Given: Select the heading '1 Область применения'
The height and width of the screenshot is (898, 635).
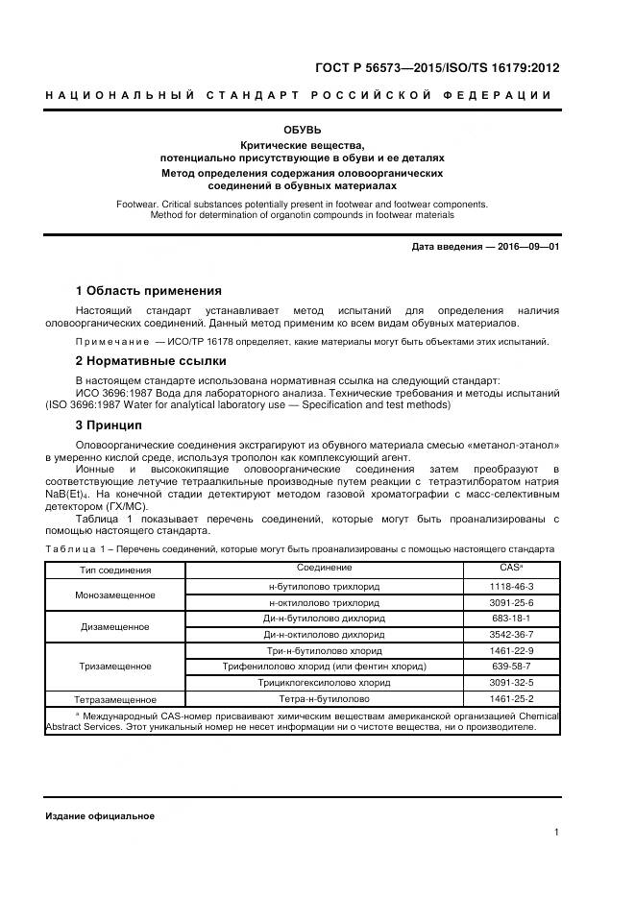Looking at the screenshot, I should click(149, 291).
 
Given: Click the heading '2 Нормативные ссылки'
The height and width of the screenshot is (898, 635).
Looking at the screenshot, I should click(151, 361).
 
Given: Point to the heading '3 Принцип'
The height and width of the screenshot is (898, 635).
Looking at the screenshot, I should click(109, 425).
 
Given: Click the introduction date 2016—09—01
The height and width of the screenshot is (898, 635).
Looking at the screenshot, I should click(526, 247).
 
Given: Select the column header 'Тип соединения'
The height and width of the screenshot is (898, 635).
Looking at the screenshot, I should click(114, 570).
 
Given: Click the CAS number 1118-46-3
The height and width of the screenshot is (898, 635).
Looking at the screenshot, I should click(511, 586).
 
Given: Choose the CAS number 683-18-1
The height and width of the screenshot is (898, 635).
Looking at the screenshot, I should click(511, 619).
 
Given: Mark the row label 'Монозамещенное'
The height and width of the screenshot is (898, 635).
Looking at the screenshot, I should click(114, 595).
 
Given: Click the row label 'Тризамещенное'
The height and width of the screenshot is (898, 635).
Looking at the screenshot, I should click(114, 666).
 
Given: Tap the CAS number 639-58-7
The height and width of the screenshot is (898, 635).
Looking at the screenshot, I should click(511, 667).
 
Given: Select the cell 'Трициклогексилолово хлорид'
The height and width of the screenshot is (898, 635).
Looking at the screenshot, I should click(324, 683).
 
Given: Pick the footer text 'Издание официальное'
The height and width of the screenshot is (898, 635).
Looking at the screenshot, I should click(100, 816).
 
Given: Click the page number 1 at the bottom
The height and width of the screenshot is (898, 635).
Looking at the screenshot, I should click(556, 834).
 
